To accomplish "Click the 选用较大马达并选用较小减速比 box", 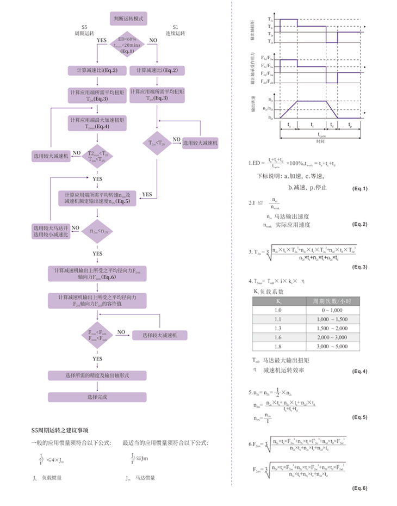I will click(51, 231).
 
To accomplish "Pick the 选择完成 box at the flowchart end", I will click(97, 397).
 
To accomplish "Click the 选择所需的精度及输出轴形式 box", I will click(97, 376).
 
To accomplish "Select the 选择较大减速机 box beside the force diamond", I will click(160, 335).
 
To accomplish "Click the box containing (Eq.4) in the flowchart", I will click(97, 123).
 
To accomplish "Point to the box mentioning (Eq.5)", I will click(97, 198).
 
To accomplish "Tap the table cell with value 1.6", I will click(278, 337).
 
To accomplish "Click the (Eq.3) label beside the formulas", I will click(360, 267).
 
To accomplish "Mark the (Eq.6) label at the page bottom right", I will click(360, 488).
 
